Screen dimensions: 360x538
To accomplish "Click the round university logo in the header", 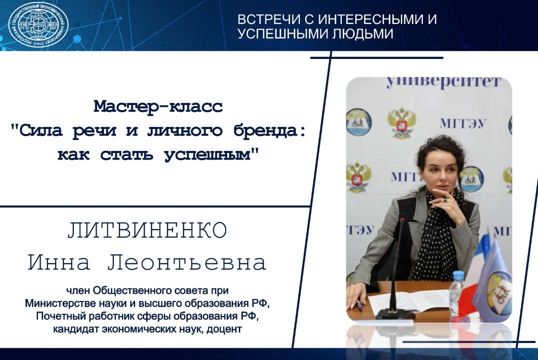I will coord(39,25).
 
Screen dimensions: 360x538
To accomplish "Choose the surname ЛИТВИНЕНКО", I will coord(147,231).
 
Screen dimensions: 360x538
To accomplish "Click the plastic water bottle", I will coord(457,294).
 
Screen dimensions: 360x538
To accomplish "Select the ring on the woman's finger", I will coord(443,200).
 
